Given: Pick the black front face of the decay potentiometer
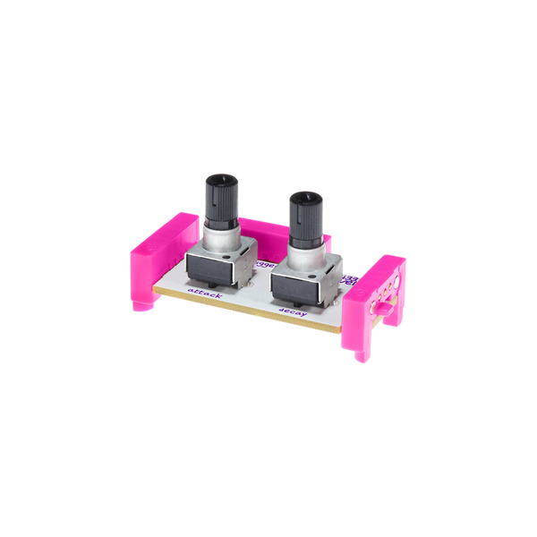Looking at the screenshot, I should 295,288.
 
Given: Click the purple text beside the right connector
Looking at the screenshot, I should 350,285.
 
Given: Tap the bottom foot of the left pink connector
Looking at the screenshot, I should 143,304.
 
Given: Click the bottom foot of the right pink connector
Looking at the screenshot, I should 363,353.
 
